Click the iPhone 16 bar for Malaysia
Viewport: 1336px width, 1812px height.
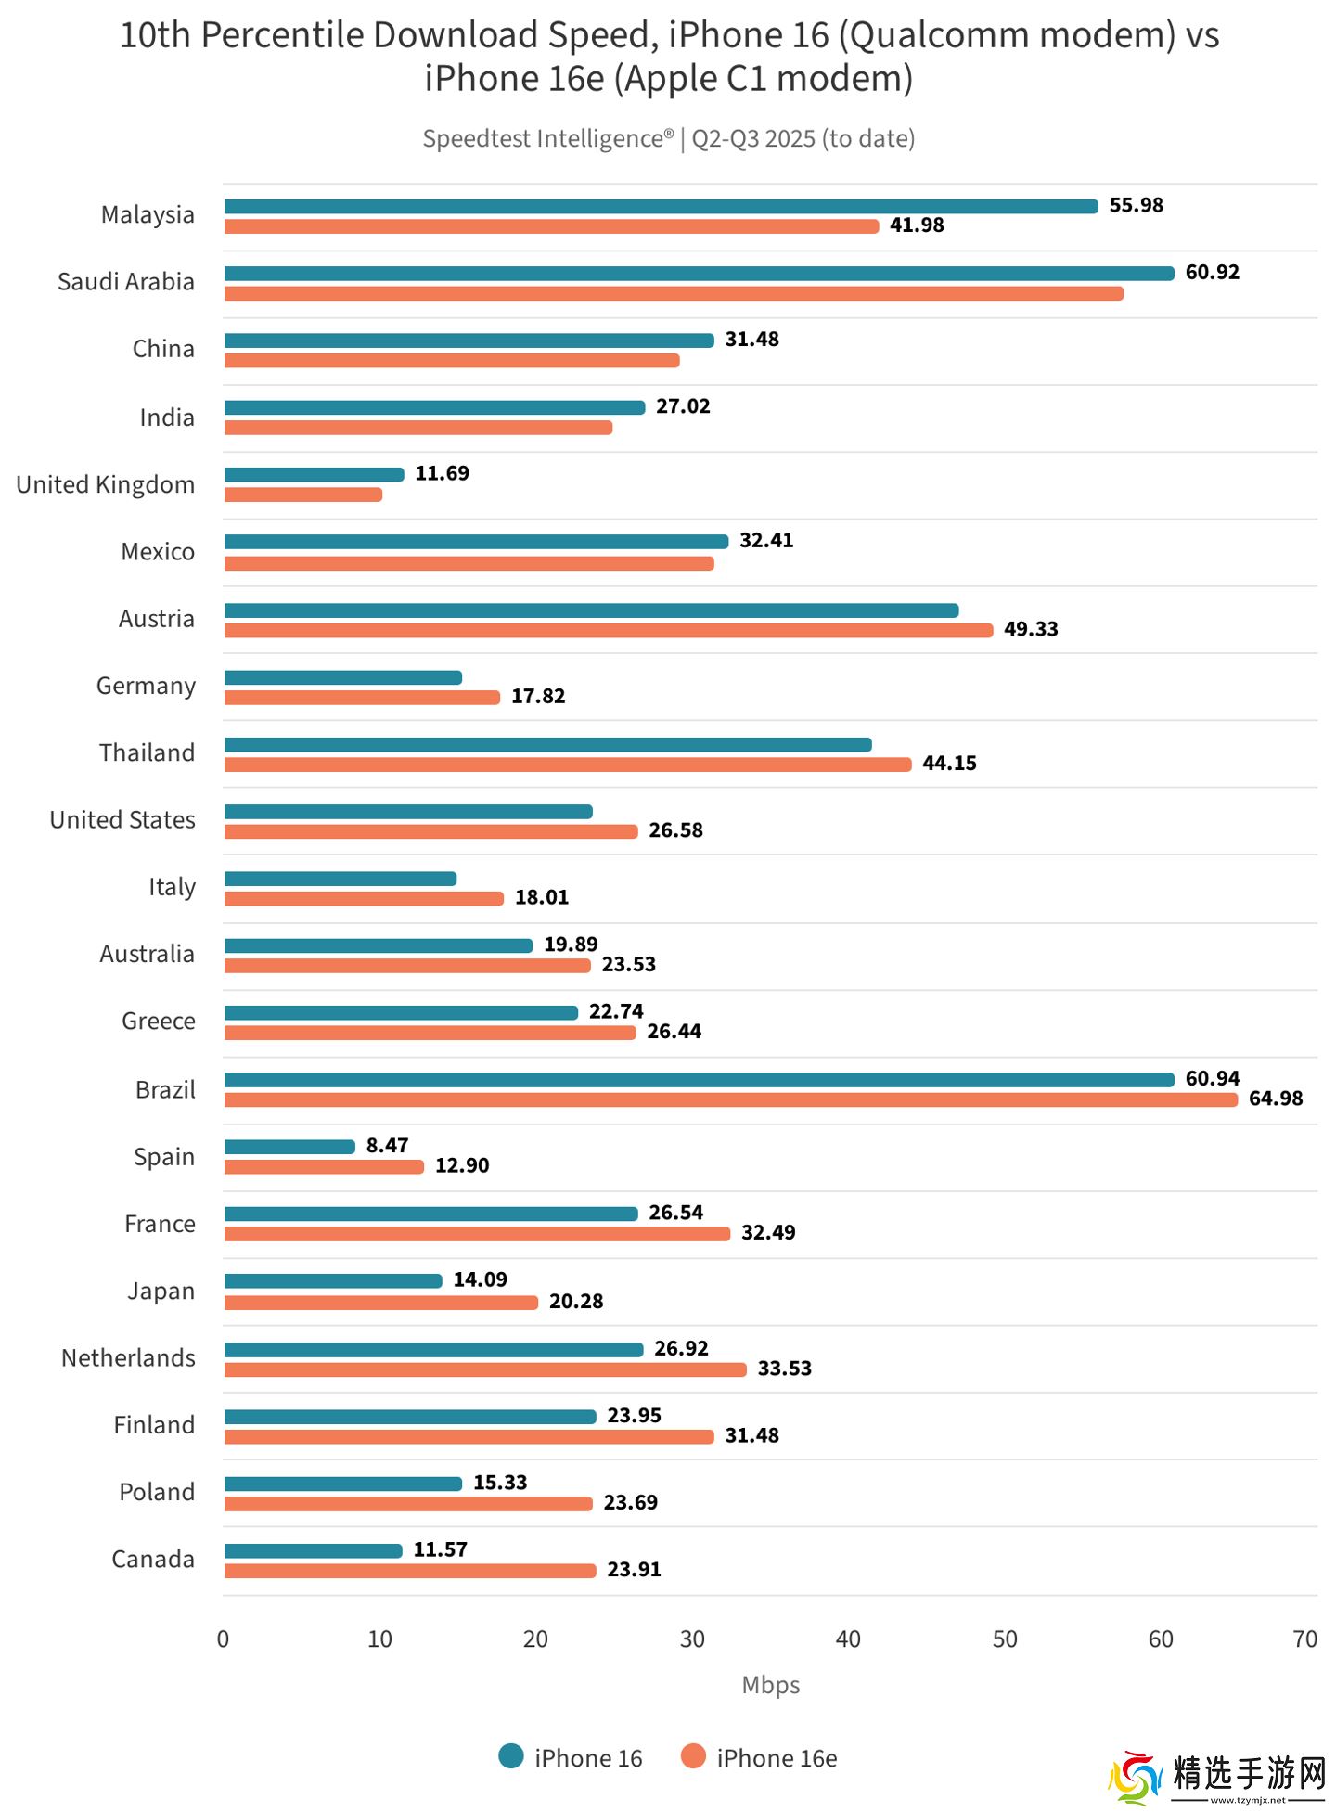coord(661,206)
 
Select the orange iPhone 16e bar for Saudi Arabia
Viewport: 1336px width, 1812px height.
coord(674,293)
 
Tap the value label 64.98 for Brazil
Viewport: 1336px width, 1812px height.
coord(1275,1099)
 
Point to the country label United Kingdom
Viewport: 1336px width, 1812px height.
coord(106,484)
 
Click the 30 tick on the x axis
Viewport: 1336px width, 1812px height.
coord(692,1639)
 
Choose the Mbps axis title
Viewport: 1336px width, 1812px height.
coord(770,1685)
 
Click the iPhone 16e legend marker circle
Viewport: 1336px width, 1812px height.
coord(693,1756)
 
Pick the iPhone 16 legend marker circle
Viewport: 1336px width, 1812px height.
coord(511,1756)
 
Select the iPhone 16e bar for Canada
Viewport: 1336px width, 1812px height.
coord(409,1570)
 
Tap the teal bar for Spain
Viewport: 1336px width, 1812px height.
coord(289,1147)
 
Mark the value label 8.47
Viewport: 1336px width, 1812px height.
coord(387,1145)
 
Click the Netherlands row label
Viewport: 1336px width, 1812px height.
coord(128,1358)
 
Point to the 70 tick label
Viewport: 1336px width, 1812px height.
coord(1304,1639)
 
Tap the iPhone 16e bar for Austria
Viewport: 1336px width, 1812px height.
coord(608,631)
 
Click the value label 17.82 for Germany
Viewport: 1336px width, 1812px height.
coord(538,696)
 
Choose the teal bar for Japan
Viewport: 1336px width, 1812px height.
coord(333,1281)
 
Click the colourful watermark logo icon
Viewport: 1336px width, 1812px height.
coord(1135,1777)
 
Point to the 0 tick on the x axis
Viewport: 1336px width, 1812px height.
coord(223,1639)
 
